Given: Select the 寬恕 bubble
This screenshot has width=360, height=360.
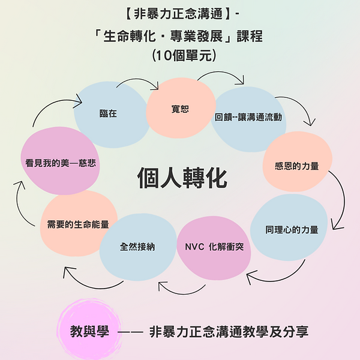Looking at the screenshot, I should (180, 109).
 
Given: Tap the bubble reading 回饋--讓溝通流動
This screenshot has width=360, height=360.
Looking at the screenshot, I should (248, 118).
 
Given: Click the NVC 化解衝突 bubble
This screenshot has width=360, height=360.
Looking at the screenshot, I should (214, 246).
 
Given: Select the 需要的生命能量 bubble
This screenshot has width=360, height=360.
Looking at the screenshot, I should (78, 224).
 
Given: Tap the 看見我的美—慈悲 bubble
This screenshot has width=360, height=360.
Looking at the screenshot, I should (60, 162).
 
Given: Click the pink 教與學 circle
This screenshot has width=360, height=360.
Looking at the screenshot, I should (90, 331).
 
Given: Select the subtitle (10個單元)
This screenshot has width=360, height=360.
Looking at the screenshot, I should (180, 56).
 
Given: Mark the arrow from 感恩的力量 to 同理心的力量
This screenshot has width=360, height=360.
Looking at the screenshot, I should (340, 201).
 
